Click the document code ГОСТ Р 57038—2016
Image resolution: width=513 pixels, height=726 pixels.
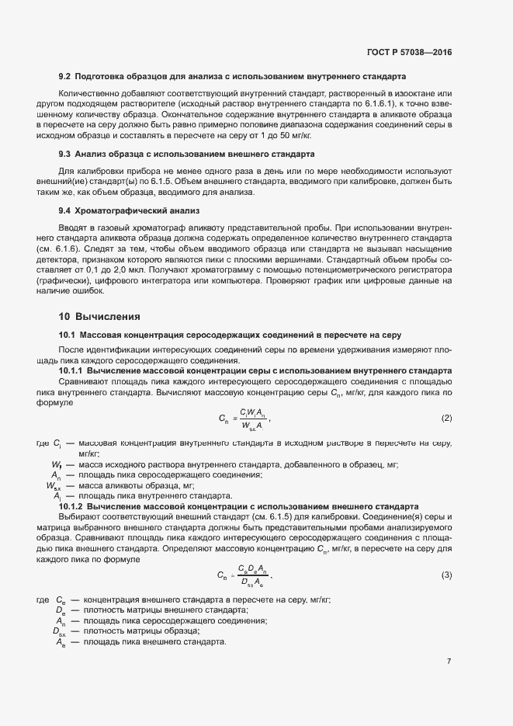point(409,52)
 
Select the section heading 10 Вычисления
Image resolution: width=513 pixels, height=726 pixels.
point(99,316)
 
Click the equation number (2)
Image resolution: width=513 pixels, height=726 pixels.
point(446,419)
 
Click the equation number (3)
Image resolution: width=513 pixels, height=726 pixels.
point(446,575)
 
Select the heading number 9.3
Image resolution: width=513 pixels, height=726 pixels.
point(65,154)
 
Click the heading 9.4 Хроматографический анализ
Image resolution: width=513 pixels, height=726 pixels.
point(130,210)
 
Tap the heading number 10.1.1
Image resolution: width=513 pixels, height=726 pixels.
point(73,371)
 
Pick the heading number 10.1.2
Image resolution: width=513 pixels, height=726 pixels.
point(73,505)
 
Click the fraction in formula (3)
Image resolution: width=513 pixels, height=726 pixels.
point(252,575)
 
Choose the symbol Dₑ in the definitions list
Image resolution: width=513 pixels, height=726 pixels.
point(59,610)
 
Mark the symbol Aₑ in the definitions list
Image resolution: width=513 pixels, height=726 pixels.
point(60,642)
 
